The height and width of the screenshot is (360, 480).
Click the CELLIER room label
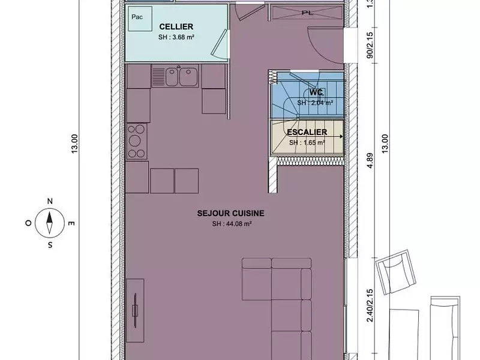(176, 27)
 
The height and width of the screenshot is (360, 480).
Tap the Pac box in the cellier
(137, 17)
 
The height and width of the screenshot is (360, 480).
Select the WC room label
(317, 92)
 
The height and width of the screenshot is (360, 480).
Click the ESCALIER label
(307, 132)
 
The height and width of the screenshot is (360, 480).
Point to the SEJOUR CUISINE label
(231, 213)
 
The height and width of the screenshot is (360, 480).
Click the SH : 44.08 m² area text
(231, 224)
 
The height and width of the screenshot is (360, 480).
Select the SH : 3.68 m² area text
(176, 37)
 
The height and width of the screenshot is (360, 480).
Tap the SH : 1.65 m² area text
(307, 143)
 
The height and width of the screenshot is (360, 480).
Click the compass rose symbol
(50, 223)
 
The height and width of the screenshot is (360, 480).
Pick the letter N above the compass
(50, 202)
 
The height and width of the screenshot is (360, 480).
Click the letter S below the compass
(50, 245)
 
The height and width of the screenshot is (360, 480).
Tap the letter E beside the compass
(71, 224)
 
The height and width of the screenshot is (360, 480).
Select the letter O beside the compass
(28, 223)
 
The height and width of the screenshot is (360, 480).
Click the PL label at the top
(307, 11)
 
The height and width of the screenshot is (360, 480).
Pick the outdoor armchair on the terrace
(395, 272)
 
